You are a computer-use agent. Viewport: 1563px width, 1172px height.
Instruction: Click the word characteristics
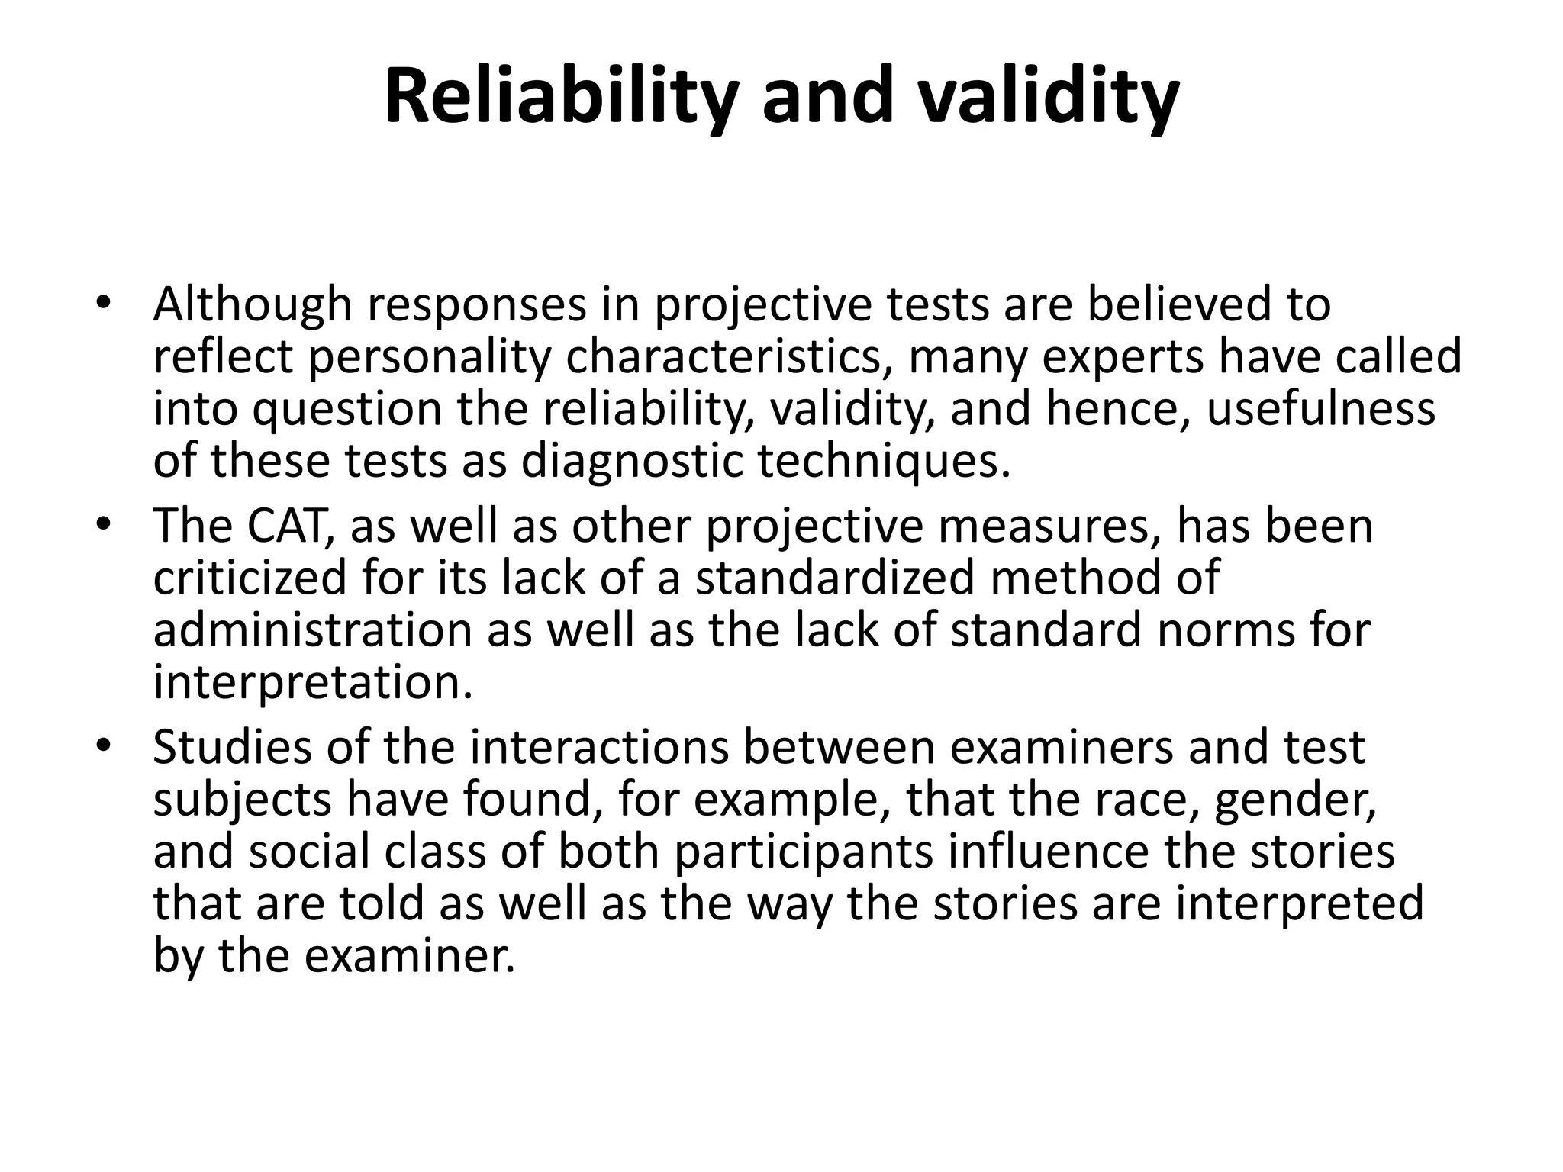[x=730, y=357]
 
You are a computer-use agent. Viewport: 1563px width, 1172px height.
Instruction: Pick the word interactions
[x=600, y=748]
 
